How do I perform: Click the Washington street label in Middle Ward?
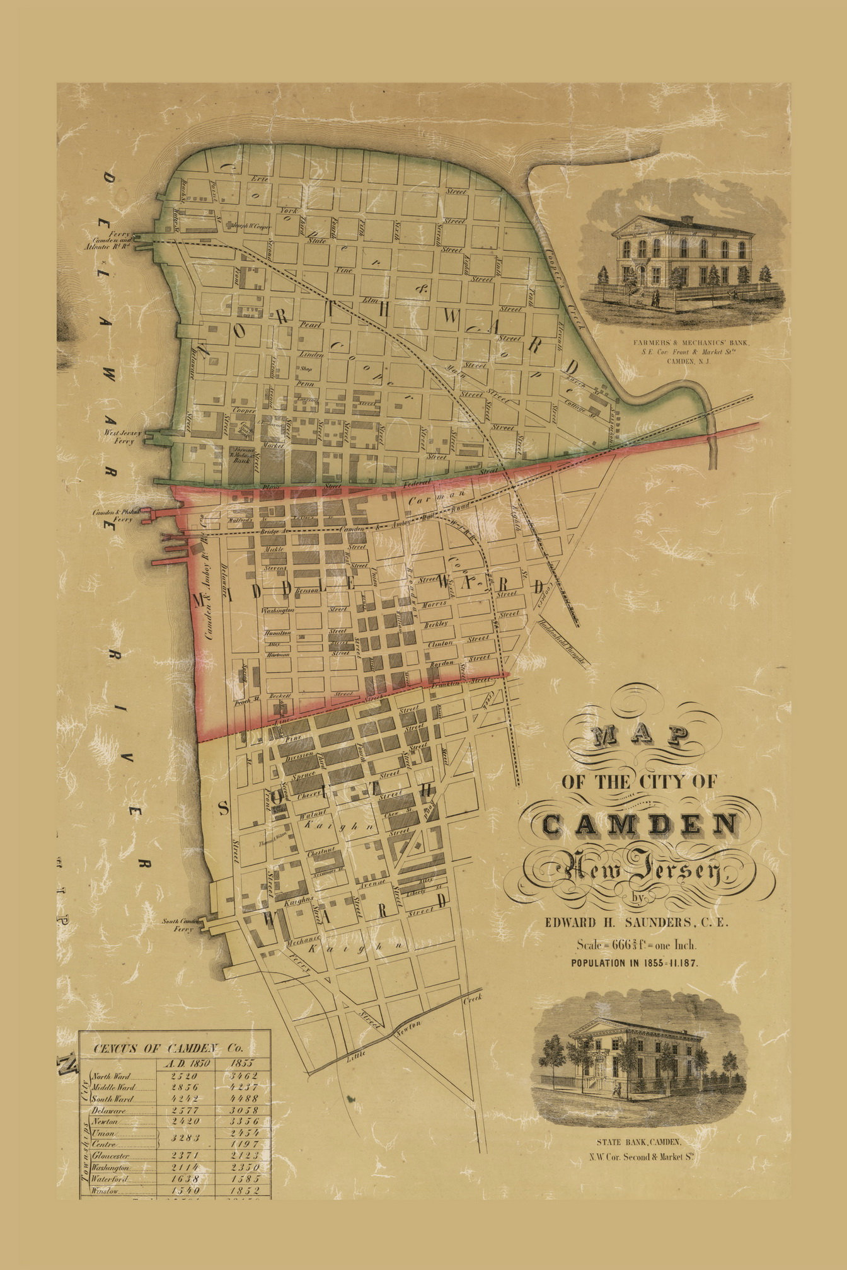[278, 610]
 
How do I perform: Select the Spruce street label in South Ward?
[304, 772]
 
